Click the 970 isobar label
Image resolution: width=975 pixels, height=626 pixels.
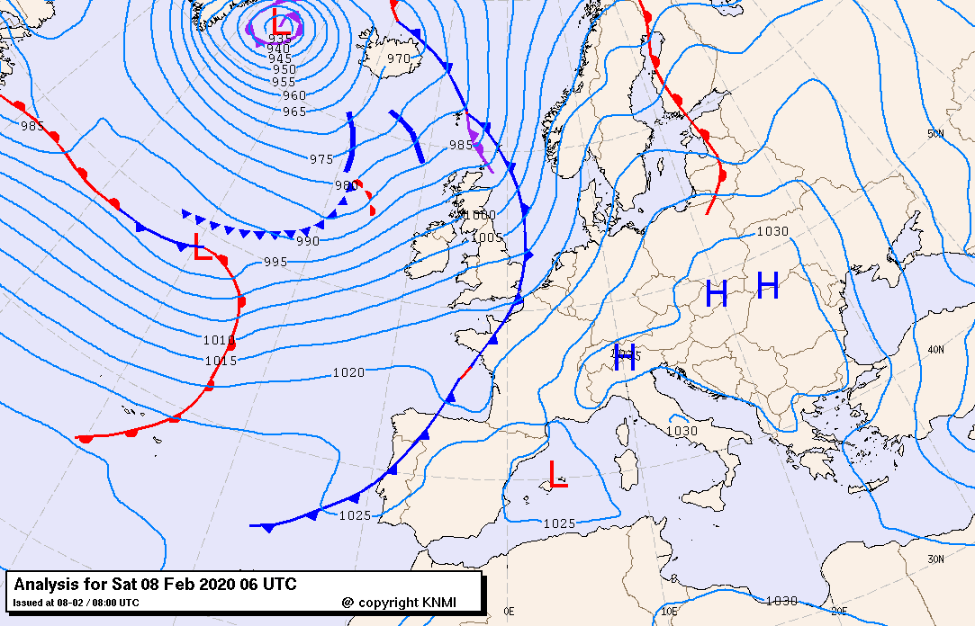click(398, 58)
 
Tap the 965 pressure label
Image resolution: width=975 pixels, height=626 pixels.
click(294, 112)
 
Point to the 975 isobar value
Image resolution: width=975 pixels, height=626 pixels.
click(321, 159)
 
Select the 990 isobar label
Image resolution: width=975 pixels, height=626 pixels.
click(308, 241)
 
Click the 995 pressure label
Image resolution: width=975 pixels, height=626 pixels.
click(275, 262)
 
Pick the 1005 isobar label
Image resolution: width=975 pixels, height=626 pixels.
click(487, 237)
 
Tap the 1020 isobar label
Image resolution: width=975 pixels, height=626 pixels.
click(348, 372)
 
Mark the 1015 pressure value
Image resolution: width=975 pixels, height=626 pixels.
click(221, 361)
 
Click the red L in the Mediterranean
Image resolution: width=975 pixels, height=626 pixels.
click(558, 474)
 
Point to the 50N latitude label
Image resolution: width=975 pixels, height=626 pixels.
click(936, 134)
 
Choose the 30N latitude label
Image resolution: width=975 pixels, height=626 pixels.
click(936, 559)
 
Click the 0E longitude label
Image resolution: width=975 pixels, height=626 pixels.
click(509, 612)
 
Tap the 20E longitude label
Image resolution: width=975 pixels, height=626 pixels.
click(838, 612)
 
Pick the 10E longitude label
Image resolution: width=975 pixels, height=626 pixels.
click(671, 612)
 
